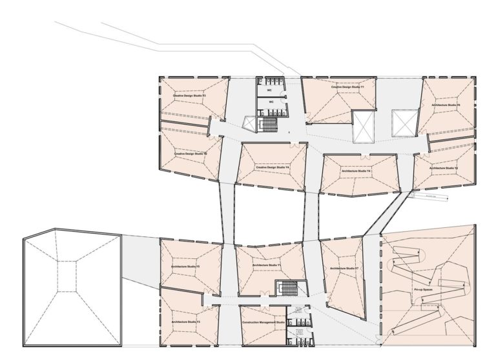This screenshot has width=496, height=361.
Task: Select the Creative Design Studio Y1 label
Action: click(348, 87)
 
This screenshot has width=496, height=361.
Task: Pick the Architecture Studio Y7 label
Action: click(344, 268)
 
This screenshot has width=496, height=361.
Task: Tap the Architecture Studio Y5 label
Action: click(185, 267)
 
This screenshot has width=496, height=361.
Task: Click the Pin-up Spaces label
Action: click(423, 292)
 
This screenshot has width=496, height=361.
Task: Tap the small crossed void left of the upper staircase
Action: click(248, 123)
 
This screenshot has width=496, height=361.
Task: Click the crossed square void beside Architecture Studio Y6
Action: click(406, 123)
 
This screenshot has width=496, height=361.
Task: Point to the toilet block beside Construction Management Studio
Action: click(300, 326)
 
